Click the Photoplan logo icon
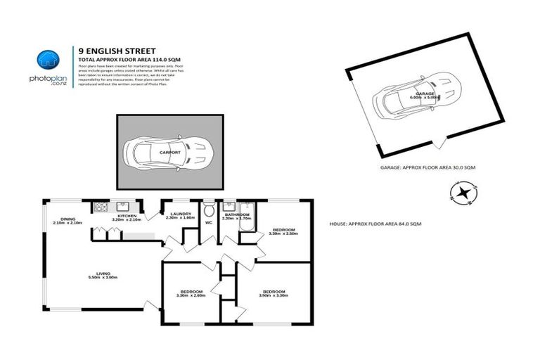[48, 62]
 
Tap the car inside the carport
[167, 152]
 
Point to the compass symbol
[463, 193]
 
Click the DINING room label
[67, 220]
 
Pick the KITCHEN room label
[127, 217]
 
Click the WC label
[209, 223]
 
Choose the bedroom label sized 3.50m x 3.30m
[274, 292]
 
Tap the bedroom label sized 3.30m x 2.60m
[191, 292]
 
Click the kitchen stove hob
[100, 207]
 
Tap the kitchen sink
[121, 207]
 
